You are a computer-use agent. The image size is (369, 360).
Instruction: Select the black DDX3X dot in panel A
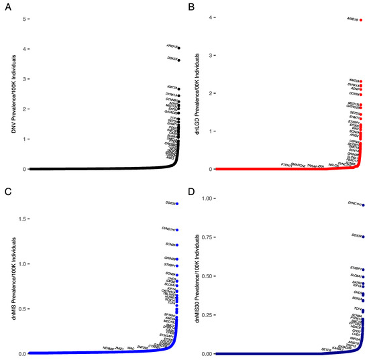(x=178, y=60)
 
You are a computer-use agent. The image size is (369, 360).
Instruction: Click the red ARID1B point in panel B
(x=361, y=20)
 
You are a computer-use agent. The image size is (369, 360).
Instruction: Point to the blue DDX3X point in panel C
(x=178, y=202)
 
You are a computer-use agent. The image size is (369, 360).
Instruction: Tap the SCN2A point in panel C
(x=178, y=245)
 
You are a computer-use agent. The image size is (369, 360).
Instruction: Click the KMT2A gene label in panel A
(x=172, y=88)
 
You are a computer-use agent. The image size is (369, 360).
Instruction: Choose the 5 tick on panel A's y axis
(x=25, y=19)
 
